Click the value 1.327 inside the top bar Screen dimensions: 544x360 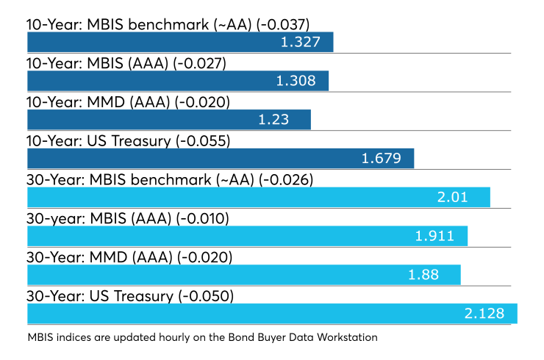coord(301,42)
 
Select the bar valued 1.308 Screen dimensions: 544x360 coord(178,81)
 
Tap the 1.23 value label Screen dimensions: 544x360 coord(273,120)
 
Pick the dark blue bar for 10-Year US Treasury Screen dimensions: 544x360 coord(221,159)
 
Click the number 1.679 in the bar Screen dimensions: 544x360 coord(382,159)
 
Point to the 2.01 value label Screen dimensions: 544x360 coord(453,198)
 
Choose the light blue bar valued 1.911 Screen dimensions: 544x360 coord(247,236)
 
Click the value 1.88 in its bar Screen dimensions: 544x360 coord(423,275)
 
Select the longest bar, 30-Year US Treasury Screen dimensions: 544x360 coord(272,314)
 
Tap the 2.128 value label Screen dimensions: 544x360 coord(484,314)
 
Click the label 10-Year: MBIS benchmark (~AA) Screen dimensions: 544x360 coord(139,25)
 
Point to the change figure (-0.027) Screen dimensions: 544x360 coord(199,64)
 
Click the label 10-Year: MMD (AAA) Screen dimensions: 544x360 coord(99,103)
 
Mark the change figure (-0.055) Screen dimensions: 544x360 coord(203,142)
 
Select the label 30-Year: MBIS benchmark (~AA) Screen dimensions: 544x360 coord(140,180)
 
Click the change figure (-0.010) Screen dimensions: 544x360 coord(203,219)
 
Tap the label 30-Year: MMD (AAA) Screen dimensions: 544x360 coord(99,258)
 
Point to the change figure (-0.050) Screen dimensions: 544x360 coord(206,297)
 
